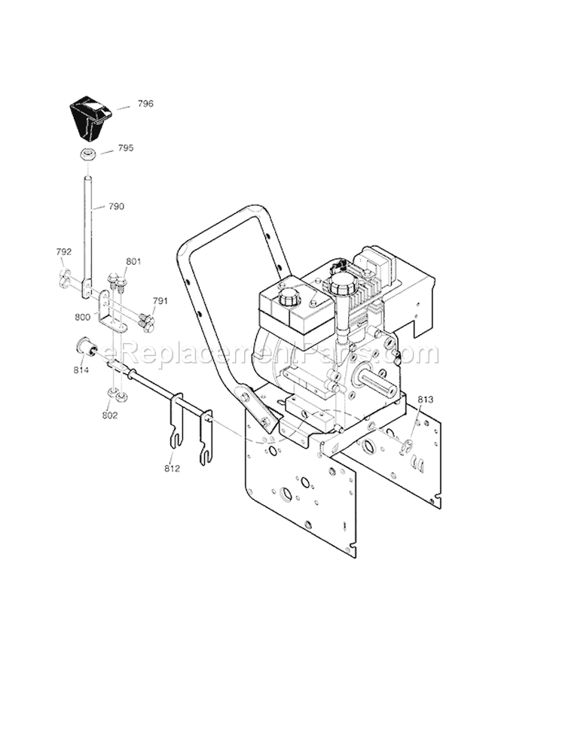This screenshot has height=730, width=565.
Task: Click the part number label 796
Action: pos(146,104)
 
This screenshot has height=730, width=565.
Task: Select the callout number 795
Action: pos(125,148)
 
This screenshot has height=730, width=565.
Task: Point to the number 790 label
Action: pos(116,206)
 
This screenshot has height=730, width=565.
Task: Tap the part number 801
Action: pos(133,262)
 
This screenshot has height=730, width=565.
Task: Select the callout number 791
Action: pos(159,301)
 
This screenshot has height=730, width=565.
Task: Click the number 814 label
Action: pos(81,370)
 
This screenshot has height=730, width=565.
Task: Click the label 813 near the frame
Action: pos(425,400)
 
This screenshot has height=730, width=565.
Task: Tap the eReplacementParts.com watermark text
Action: pos(271,353)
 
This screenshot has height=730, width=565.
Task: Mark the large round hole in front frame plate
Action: pos(287,494)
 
